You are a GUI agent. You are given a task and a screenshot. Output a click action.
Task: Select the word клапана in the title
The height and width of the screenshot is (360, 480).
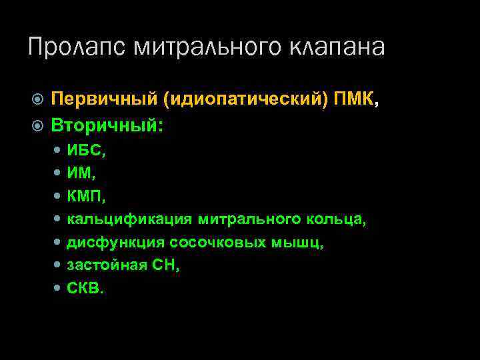tap(337, 47)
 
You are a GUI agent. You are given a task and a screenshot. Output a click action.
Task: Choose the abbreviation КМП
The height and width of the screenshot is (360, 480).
tap(85, 197)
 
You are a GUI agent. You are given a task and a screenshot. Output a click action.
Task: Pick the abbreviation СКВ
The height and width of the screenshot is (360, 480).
tap(84, 289)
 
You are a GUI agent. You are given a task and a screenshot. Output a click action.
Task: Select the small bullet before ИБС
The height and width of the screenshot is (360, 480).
tap(58, 151)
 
